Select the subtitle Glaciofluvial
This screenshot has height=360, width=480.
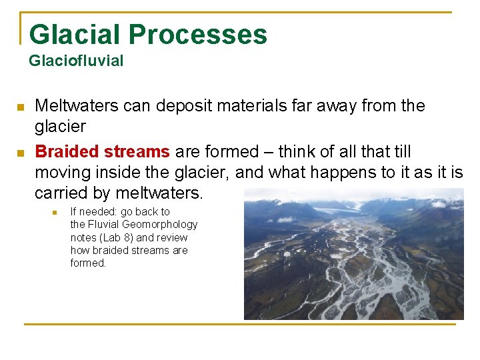[x=76, y=61]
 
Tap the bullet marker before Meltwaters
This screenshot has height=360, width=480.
[x=20, y=107]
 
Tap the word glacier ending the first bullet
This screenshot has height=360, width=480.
[x=60, y=127]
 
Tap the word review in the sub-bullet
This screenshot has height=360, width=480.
[x=172, y=238]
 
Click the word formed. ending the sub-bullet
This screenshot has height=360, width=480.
[x=88, y=263]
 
